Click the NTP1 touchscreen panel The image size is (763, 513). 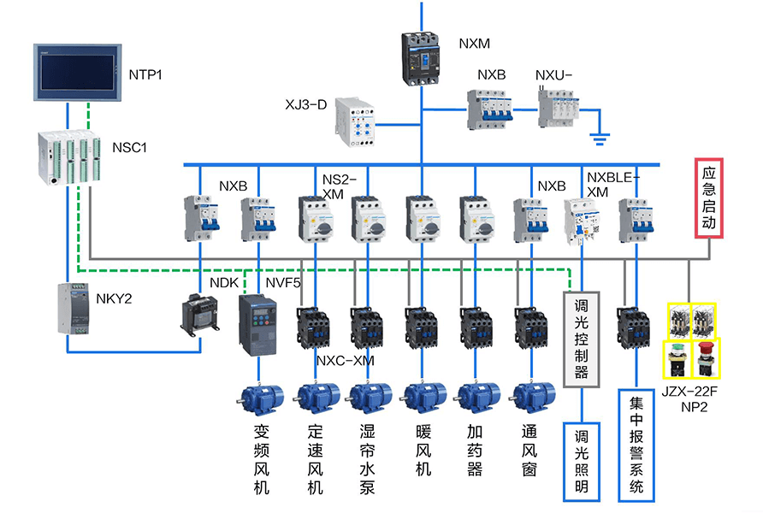pos(76,74)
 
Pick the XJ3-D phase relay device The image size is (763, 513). pos(355,121)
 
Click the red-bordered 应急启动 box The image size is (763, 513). pos(708,198)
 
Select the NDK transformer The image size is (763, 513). pos(200,315)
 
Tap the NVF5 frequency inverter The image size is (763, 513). pos(257,326)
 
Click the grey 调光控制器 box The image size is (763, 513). pos(582,339)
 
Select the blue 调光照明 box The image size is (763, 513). pos(582,460)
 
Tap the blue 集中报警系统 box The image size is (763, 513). pos(636,445)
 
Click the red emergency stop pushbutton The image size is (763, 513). pos(707,358)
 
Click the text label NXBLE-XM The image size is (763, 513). pos(612,185)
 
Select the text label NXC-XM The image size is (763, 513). pos(346,361)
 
